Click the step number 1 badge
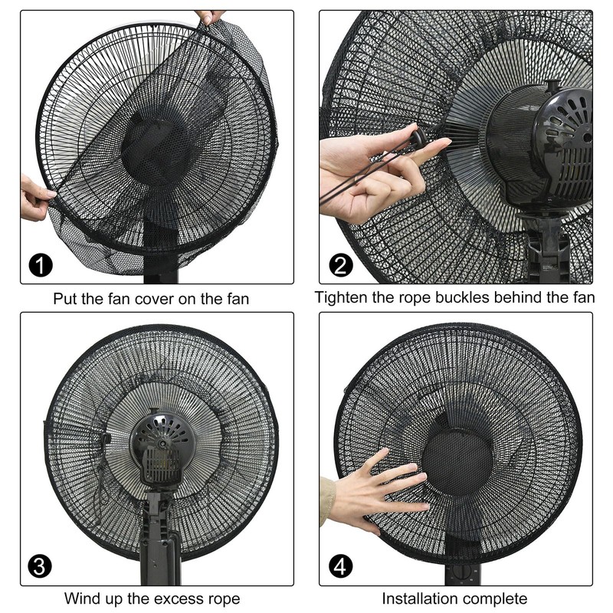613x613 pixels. [41, 266]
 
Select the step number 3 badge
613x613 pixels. [41, 567]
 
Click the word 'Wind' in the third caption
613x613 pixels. [80, 598]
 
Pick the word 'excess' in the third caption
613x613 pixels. [186, 598]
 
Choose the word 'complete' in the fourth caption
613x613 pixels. [497, 598]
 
